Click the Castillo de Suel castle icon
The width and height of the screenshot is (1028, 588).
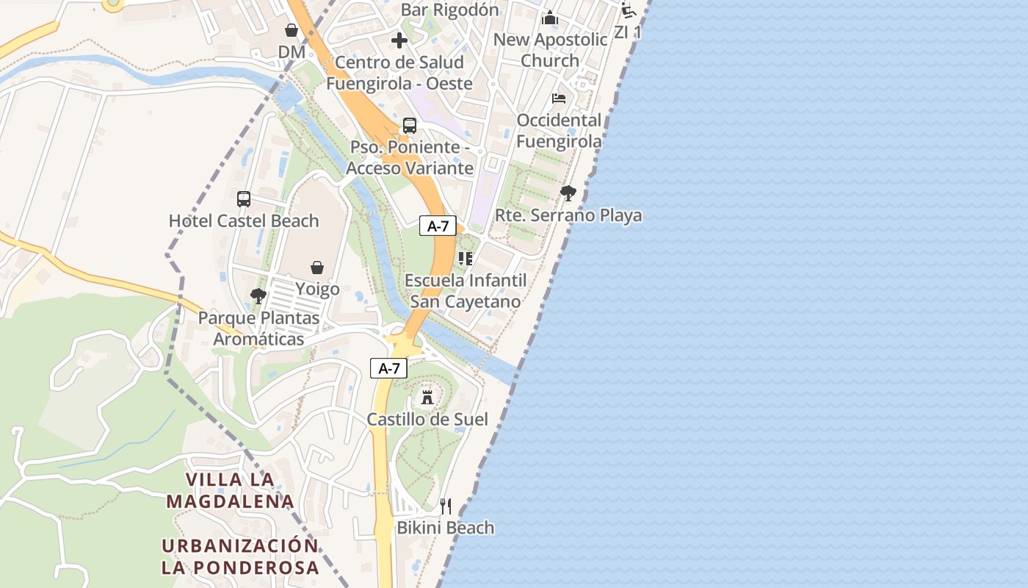(x=427, y=398)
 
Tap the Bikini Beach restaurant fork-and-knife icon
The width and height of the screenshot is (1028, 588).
(x=446, y=506)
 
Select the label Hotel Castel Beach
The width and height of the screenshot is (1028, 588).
(x=244, y=220)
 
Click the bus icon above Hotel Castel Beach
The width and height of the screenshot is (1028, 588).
(x=244, y=198)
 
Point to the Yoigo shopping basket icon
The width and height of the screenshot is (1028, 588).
(x=317, y=267)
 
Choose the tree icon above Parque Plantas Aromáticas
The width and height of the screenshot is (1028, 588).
(x=258, y=296)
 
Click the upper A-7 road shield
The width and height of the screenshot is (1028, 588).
(x=438, y=226)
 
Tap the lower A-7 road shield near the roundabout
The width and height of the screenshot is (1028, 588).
(x=388, y=369)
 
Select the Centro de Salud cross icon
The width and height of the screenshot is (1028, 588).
(x=399, y=40)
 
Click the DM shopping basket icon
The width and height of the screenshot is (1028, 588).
(x=292, y=30)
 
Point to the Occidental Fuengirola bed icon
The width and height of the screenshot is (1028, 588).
(x=559, y=98)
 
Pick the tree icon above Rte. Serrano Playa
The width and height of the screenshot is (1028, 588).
(x=568, y=193)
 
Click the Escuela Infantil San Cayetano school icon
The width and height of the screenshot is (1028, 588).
(x=465, y=258)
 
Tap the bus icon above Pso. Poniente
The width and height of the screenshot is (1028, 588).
(x=410, y=126)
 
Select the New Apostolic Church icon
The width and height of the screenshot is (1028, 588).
(x=550, y=18)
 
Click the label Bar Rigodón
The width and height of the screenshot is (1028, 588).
(x=449, y=10)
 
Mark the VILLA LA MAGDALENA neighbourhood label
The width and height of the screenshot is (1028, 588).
(x=230, y=490)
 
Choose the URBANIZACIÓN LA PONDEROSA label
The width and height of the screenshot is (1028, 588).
(x=240, y=556)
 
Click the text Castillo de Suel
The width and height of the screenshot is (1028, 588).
(x=427, y=420)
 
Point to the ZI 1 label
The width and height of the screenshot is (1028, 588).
(x=628, y=32)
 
